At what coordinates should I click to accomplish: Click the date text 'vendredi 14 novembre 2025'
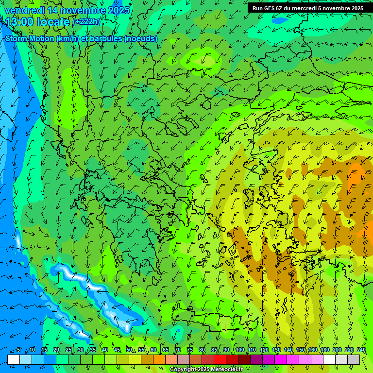coord(68,10)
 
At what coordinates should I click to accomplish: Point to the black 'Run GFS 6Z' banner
coord(307,8)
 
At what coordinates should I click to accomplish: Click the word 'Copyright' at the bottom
coord(183,370)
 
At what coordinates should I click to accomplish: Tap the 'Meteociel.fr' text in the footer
coord(229,370)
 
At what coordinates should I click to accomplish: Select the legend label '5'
coord(18,350)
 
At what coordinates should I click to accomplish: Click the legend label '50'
coord(129,350)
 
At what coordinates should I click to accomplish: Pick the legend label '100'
coord(239,350)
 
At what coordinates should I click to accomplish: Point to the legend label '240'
coord(361,350)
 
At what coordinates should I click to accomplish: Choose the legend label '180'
coord(324,350)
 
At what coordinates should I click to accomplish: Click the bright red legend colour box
coord(220,359)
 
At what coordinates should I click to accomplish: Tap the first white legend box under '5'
coord(14,359)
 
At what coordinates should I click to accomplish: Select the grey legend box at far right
coord(354,359)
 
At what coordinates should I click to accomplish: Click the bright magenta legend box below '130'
coord(281,359)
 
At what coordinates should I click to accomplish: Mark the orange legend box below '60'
coord(159,359)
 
